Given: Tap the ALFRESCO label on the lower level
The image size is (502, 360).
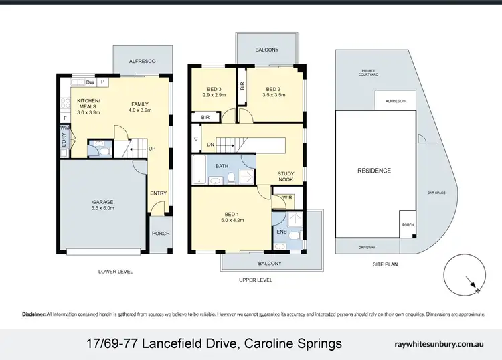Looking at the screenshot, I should point(143,62).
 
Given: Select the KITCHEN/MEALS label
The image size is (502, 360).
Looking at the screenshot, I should point(88,104).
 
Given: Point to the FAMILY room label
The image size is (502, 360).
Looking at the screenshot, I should point(140,104).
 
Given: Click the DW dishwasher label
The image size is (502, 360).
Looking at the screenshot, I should point(90,82).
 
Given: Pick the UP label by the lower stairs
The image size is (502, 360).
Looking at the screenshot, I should point(152,148).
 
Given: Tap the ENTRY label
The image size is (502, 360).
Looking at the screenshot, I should point(159,194).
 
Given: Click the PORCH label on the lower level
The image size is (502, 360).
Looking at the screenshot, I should point(161,234).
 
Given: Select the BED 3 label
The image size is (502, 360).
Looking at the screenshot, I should point(212,90).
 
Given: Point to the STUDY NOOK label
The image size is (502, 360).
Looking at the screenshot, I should point(286,177).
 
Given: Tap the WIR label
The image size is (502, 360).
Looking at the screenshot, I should point(287,197).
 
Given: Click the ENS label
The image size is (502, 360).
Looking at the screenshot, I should point(281,232).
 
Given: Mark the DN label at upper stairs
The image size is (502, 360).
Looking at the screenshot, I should point(210,144).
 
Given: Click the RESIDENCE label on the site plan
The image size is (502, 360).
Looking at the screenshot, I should point(373,171).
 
